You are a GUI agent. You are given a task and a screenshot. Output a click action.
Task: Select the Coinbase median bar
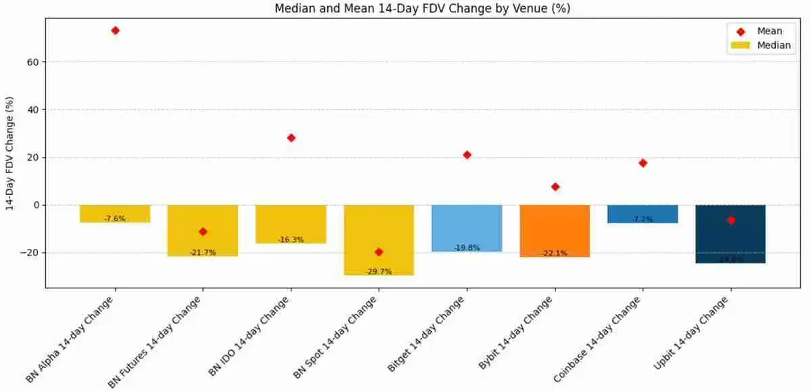tap(643, 212)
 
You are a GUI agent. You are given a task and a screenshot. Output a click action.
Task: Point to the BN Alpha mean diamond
tap(115, 30)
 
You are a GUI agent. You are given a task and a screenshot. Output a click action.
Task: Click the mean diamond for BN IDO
tap(291, 138)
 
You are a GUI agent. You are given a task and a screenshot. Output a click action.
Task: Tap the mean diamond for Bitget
tap(467, 155)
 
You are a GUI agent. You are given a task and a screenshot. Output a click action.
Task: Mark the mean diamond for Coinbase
tap(643, 163)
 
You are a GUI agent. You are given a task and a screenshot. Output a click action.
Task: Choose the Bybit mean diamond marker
tap(555, 187)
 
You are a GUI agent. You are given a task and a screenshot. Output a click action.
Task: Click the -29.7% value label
tap(379, 271)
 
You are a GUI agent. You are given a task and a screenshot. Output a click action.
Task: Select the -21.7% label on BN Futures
tap(203, 252)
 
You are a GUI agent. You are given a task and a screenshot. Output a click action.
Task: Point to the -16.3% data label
tap(291, 239)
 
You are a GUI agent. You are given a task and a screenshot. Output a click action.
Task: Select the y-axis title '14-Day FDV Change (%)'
tap(9, 154)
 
